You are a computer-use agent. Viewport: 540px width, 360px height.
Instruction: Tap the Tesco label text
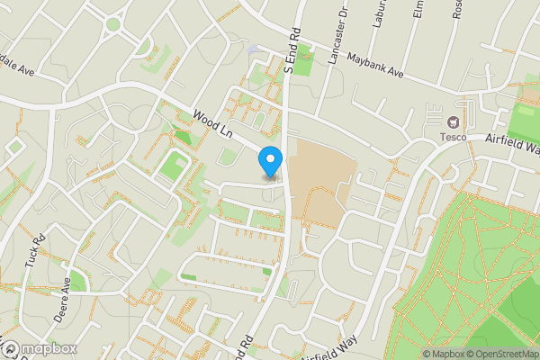(x=452, y=137)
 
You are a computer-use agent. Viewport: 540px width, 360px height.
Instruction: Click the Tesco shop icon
(x=452, y=121)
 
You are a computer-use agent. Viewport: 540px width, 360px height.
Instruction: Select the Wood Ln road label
(x=212, y=123)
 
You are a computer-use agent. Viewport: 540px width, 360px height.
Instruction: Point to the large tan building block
(x=319, y=180)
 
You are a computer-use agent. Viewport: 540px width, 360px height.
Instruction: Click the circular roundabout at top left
(x=112, y=24)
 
